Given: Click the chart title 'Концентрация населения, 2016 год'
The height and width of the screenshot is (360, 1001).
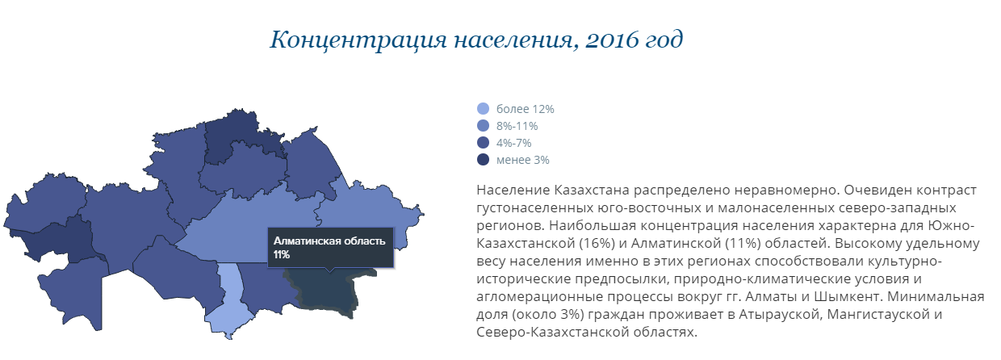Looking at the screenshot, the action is point(476,40).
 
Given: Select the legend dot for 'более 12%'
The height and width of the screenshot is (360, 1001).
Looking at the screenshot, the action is point(483,108).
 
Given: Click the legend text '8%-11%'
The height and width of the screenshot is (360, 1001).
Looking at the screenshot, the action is point(517,126).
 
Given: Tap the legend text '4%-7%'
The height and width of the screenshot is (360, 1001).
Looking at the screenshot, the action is point(514,143).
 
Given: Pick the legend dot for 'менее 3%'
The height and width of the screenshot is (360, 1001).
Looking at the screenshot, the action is point(483,160).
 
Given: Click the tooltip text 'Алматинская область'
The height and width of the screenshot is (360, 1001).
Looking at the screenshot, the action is point(329,241).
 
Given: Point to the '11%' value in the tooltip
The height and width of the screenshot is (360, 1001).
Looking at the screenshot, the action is point(282,254).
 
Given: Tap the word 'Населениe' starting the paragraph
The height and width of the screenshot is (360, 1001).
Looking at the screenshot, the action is point(513,190).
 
